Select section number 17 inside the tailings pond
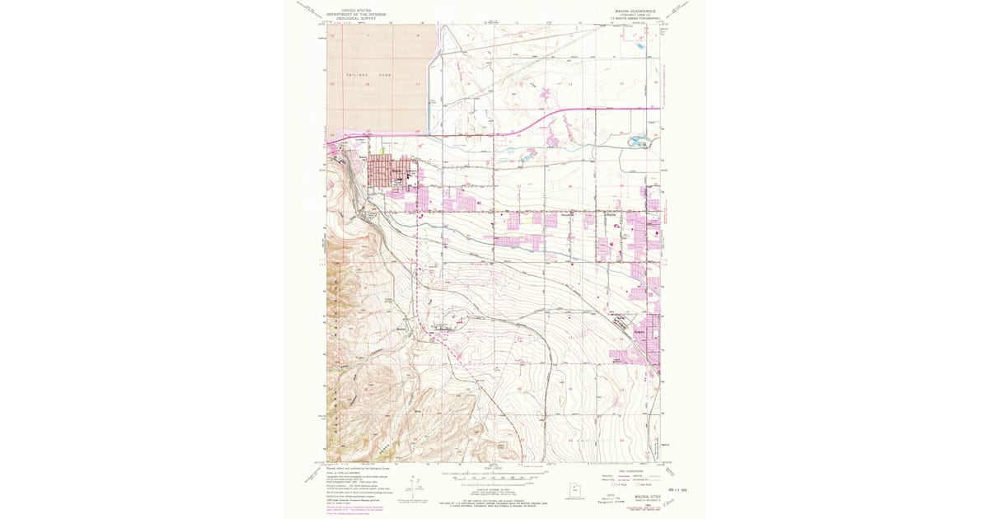[x=418, y=84]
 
